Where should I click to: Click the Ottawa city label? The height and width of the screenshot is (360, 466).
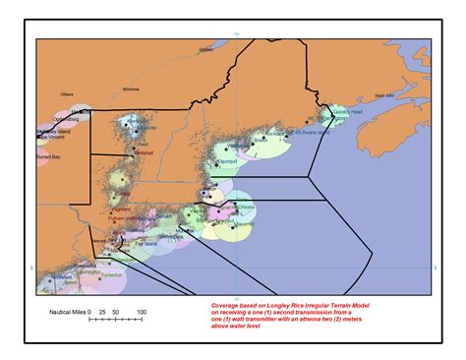[67, 94]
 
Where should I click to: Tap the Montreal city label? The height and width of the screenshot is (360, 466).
[130, 90]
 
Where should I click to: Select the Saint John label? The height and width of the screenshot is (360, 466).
[383, 95]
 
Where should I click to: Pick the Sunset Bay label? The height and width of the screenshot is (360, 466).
[49, 156]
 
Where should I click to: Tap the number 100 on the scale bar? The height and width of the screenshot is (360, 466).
[141, 313]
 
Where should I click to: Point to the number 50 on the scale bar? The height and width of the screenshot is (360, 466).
[117, 313]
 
